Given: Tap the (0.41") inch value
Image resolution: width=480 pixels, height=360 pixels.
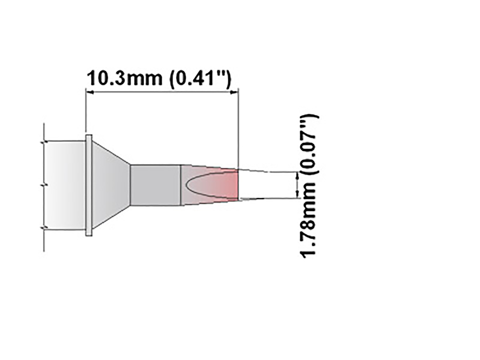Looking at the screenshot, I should click(200, 79).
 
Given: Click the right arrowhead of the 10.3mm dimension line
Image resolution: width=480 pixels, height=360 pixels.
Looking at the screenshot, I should click(235, 92).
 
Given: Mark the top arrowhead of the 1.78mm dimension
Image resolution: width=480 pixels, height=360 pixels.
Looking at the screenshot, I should click(297, 175).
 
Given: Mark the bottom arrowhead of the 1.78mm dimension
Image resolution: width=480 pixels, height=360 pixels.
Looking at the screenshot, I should click(297, 195).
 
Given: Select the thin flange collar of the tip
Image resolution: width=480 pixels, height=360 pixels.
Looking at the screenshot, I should click(89, 185).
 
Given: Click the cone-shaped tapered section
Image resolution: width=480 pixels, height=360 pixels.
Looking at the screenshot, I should click(110, 185).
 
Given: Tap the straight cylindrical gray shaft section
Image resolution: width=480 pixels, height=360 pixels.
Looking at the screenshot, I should click(155, 185).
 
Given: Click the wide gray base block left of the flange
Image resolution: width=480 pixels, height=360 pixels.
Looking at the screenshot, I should click(64, 185).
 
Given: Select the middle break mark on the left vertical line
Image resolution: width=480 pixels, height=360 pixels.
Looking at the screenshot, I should click(44, 185).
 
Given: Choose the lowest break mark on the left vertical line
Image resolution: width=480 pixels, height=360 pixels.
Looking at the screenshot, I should click(44, 228).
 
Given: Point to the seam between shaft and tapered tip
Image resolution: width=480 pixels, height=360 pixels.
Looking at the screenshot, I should click(181, 185).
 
